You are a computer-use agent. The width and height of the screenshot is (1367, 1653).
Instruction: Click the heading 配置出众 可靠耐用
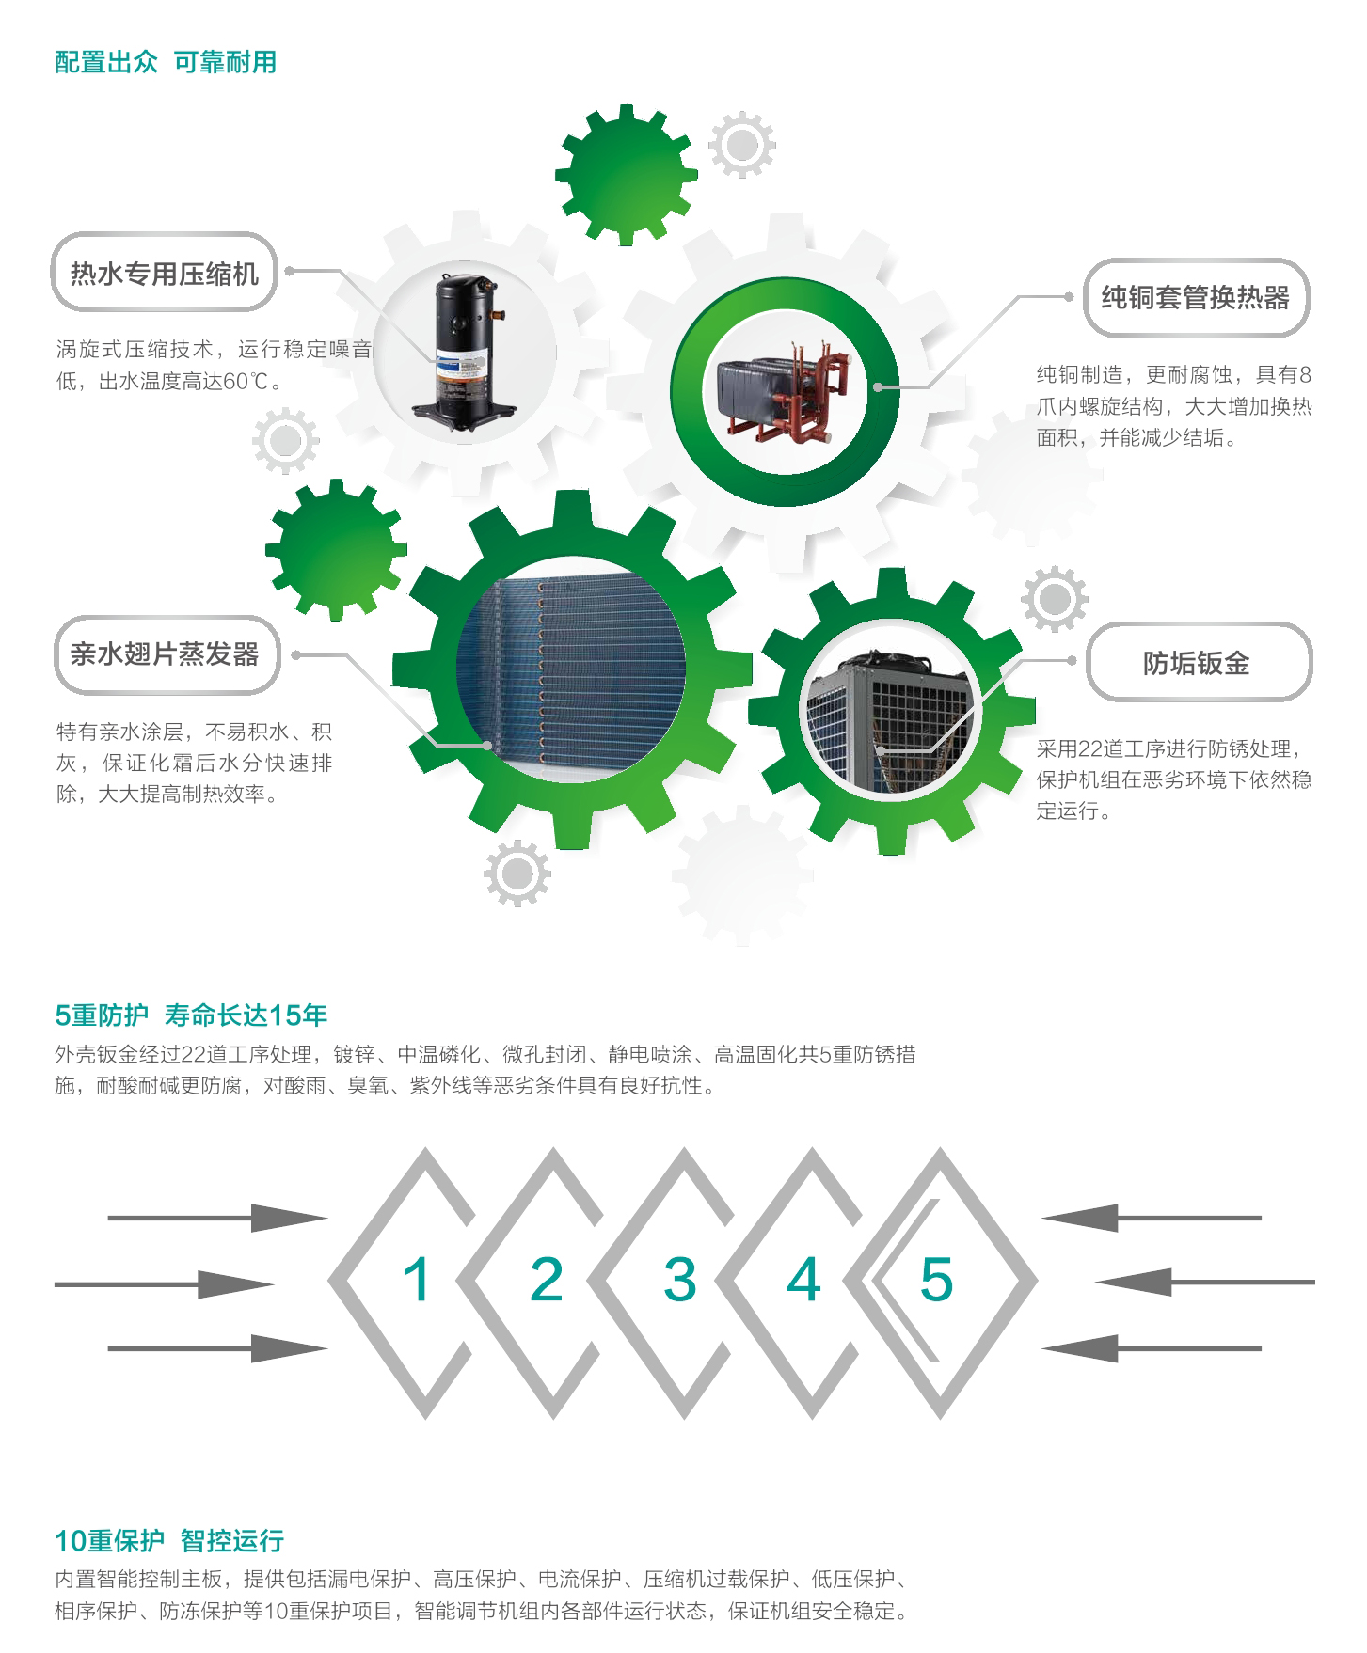click(166, 62)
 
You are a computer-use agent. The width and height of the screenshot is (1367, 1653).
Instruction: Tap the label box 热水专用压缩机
click(164, 273)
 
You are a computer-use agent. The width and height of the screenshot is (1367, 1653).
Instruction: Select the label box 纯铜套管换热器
click(1196, 297)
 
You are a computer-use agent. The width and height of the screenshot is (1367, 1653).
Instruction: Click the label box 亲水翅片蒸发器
click(166, 654)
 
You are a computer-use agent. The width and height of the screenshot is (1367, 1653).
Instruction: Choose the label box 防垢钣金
click(1198, 663)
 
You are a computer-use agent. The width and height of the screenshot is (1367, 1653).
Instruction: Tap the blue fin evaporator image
click(571, 669)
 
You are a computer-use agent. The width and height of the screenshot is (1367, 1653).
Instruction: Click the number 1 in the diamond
click(417, 1280)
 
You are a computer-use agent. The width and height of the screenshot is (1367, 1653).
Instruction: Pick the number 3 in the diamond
click(679, 1280)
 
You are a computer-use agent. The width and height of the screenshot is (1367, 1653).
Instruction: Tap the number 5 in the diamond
click(937, 1280)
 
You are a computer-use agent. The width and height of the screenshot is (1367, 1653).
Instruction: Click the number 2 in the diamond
click(547, 1280)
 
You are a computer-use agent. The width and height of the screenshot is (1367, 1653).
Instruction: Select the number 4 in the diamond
click(803, 1280)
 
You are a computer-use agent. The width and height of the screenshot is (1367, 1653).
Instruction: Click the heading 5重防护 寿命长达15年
click(191, 1015)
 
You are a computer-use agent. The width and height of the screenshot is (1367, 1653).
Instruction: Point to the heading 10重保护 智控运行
click(169, 1541)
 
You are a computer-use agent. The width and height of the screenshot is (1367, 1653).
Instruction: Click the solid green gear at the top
click(627, 175)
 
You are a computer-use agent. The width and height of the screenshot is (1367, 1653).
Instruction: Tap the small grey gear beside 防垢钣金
click(1055, 599)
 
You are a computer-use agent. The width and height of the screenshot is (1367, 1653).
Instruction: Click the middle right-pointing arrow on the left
click(165, 1284)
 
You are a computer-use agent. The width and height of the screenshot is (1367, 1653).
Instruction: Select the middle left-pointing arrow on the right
click(1205, 1283)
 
